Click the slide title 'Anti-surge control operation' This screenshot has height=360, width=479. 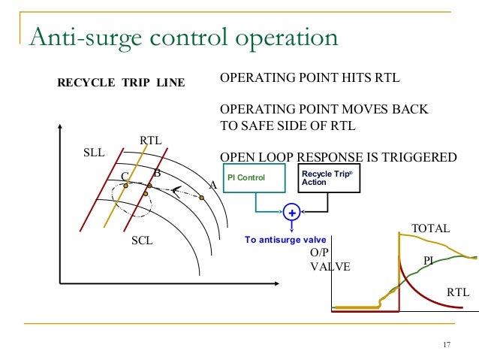pyautogui.click(x=183, y=38)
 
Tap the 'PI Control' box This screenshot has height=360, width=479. pyautogui.click(x=255, y=180)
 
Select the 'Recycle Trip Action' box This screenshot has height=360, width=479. pyautogui.click(x=328, y=178)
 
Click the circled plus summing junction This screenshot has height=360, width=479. pyautogui.click(x=291, y=213)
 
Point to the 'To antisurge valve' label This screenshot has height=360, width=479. pyautogui.click(x=285, y=240)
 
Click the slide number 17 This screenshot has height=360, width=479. pyautogui.click(x=447, y=345)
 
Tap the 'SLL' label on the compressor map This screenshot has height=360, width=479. pyautogui.click(x=93, y=153)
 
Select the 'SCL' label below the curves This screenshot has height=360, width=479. pyautogui.click(x=142, y=241)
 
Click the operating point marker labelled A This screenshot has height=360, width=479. pyautogui.click(x=202, y=198)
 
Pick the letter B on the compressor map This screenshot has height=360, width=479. pyautogui.click(x=157, y=174)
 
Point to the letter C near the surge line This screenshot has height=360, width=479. pyautogui.click(x=125, y=176)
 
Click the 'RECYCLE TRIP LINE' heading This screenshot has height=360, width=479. pyautogui.click(x=121, y=82)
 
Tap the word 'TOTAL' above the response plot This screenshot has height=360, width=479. pyautogui.click(x=430, y=228)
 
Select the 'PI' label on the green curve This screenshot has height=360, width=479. pyautogui.click(x=429, y=260)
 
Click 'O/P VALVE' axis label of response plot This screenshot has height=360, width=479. pyautogui.click(x=330, y=259)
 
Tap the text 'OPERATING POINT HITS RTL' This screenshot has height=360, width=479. pyautogui.click(x=309, y=78)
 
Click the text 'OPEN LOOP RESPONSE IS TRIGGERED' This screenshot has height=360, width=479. pyautogui.click(x=338, y=157)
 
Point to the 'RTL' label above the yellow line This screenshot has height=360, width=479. pyautogui.click(x=151, y=140)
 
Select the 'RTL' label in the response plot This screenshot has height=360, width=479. pyautogui.click(x=457, y=292)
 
